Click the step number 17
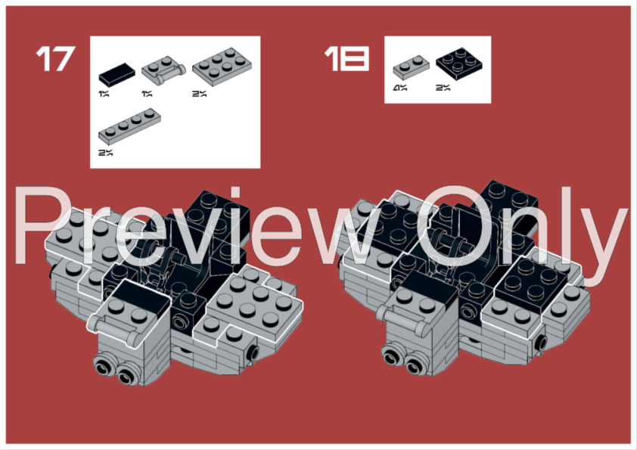coord(56,58)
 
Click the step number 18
coord(346,58)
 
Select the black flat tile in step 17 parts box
coord(117,74)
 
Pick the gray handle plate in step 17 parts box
coord(163,70)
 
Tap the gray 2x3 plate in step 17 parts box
coord(222,67)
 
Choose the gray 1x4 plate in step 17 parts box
coord(129,126)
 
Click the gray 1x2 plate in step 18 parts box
coord(411,67)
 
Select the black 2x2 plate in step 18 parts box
coord(459,63)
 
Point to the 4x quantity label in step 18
coord(399,88)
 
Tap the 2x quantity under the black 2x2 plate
coord(443,88)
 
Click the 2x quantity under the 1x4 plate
coord(105,153)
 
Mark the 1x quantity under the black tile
coord(104,94)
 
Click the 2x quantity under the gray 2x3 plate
coord(199,94)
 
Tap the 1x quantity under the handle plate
coord(147,94)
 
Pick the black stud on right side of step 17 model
coord(253,352)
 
